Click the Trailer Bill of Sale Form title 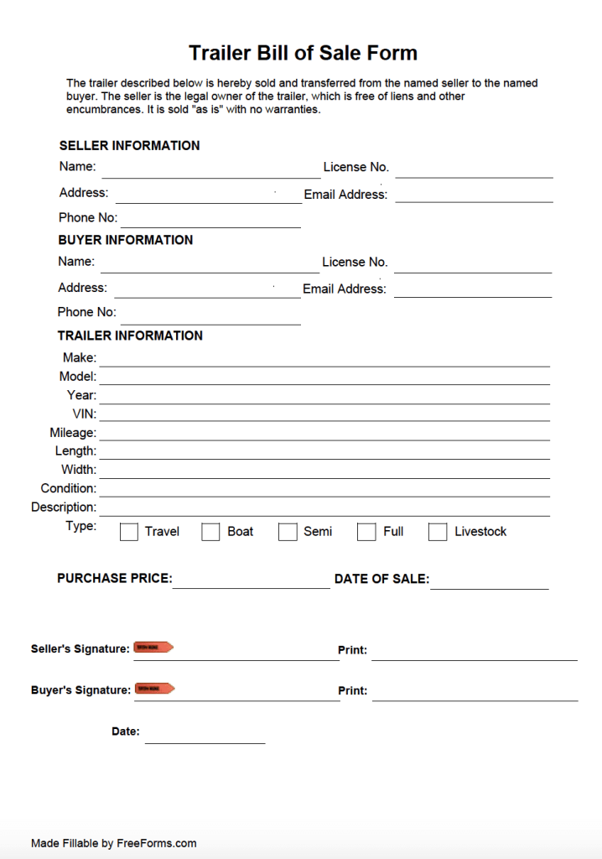303,53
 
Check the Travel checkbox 129,532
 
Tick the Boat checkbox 211,532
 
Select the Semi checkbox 288,532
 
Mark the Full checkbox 366,532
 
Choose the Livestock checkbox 438,532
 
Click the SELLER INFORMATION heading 129,145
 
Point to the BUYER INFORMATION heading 125,240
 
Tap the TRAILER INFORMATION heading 130,336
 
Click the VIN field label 85,414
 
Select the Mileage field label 73,433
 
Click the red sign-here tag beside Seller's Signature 153,648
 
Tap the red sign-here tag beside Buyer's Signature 154,689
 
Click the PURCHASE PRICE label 114,579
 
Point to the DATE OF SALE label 381,579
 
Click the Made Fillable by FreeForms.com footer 114,843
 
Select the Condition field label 69,488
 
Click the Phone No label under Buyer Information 87,312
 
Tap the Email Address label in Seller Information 345,195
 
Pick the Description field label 64,508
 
